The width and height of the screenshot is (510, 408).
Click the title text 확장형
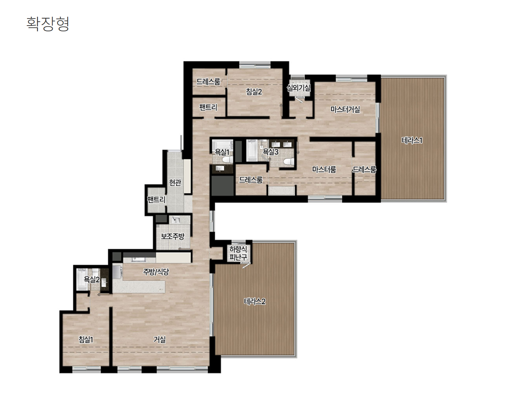(x=48, y=24)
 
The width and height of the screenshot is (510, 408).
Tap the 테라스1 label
(x=412, y=140)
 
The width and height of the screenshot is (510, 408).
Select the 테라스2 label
(x=255, y=301)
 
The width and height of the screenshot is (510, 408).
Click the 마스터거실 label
(x=345, y=109)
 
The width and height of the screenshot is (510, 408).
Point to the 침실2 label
(x=254, y=92)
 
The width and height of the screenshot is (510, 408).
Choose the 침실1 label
(x=86, y=340)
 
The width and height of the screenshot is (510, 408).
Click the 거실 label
(x=159, y=340)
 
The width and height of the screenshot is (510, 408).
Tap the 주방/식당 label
(x=156, y=272)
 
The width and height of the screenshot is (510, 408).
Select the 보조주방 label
(x=173, y=236)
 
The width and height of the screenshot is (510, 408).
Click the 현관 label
(x=175, y=182)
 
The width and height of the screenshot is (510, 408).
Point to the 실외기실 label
(x=299, y=88)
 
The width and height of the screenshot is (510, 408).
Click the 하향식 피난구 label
(x=238, y=253)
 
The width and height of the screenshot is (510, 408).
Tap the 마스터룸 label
(x=324, y=169)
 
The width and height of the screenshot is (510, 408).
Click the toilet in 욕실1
(x=227, y=160)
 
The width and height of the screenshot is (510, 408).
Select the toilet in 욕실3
(x=289, y=162)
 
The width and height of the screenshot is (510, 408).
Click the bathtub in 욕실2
(x=82, y=279)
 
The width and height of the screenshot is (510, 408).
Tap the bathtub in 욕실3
(x=252, y=151)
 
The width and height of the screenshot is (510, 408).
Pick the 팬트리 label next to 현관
(x=156, y=199)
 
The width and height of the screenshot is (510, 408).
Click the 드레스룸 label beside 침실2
(x=208, y=82)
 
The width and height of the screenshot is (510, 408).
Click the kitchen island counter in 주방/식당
(x=139, y=286)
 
